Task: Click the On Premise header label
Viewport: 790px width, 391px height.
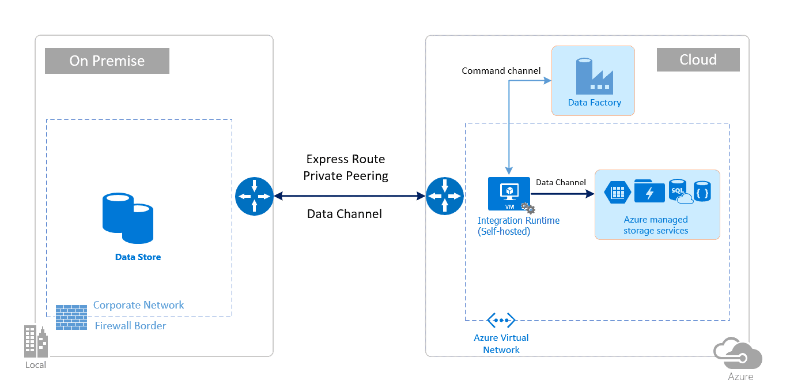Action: coord(107,61)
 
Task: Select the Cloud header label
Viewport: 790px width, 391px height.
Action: coord(698,59)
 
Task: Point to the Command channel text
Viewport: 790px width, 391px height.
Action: coord(501,71)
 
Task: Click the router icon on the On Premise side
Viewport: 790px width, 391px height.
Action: coord(254,196)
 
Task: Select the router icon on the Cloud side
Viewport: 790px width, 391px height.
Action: coord(444,196)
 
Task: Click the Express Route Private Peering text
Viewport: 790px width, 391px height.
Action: coord(345,167)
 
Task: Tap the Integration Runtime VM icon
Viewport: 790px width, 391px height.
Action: coord(509,194)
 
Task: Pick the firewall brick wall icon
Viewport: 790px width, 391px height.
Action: coord(71,317)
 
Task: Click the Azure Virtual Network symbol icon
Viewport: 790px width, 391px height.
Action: coord(501,320)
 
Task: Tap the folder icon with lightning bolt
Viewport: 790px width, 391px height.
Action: coord(649,191)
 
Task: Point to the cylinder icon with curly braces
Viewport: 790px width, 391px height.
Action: coord(702,191)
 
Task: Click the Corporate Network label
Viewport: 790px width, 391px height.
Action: coord(138,305)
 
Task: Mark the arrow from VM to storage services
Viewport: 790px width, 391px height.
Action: coord(562,195)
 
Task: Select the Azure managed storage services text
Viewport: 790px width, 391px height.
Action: coord(656,225)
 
